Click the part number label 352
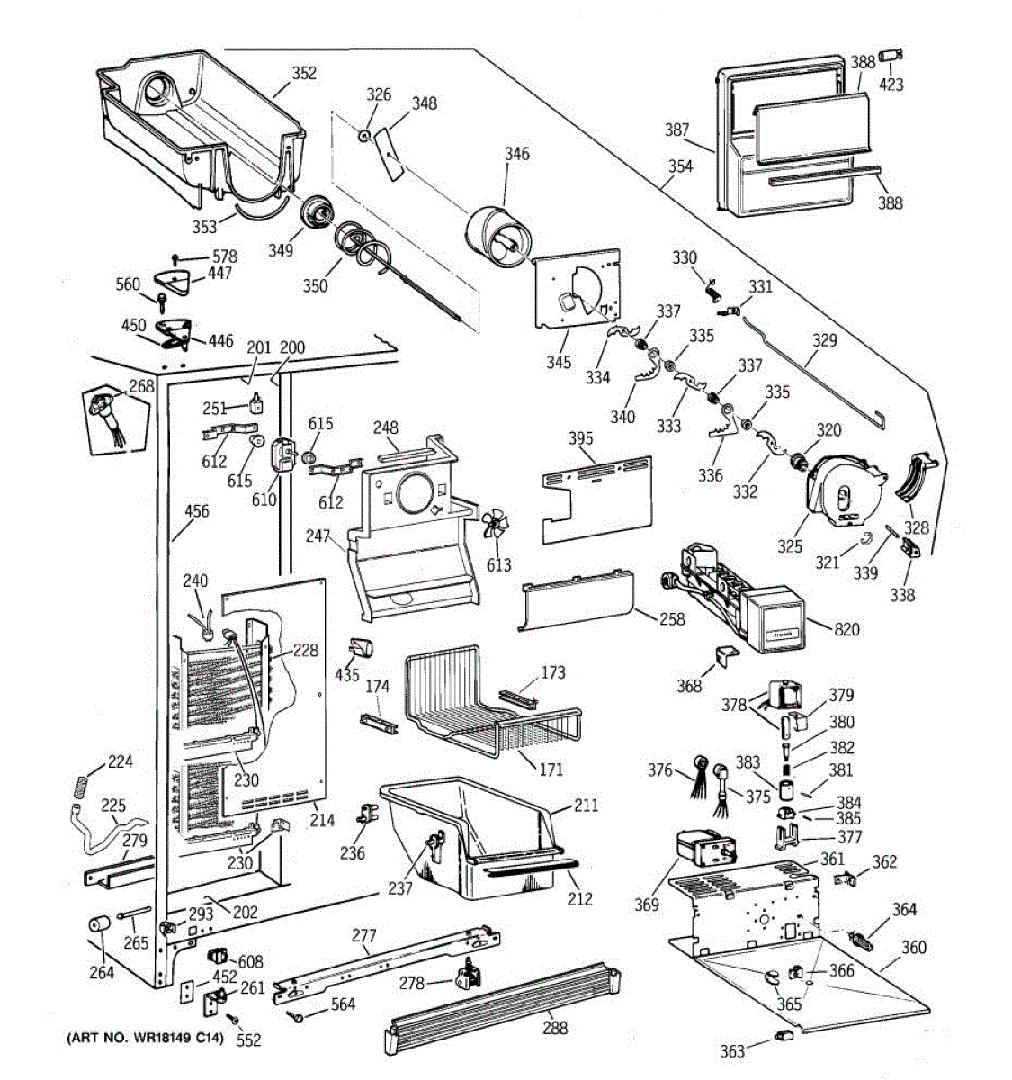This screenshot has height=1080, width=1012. (304, 74)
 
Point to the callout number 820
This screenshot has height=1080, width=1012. (846, 629)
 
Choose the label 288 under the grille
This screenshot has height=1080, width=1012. (555, 1028)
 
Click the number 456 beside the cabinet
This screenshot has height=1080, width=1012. (196, 511)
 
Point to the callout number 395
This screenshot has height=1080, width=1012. (581, 439)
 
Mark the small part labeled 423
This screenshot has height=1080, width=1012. (891, 56)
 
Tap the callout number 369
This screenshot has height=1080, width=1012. (647, 904)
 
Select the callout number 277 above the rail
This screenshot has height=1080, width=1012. (363, 937)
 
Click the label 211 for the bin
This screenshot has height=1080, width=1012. (586, 805)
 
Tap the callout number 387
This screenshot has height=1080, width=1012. (677, 130)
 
